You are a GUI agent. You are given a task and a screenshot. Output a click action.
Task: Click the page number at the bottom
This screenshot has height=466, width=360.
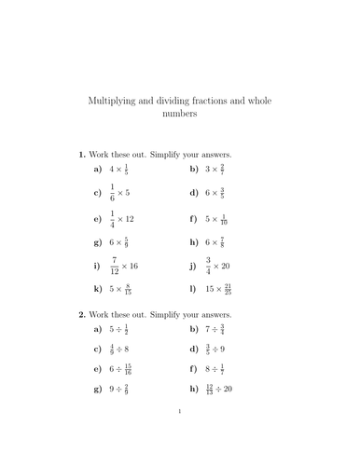click(179, 436)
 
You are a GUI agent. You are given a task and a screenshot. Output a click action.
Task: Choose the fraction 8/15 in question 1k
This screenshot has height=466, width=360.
click(128, 290)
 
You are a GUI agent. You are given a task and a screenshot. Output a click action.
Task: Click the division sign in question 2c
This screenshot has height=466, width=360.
click(123, 349)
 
